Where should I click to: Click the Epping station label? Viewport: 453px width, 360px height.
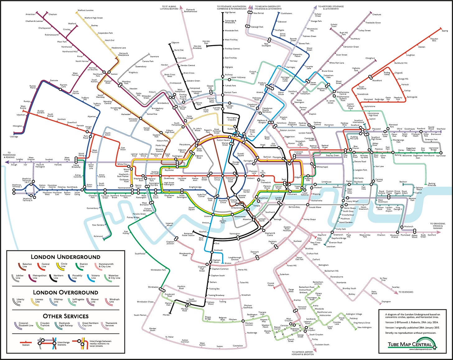pos(445,31)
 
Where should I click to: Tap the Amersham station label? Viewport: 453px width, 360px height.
pos(30,14)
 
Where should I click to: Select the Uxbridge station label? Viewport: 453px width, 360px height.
pos(14,137)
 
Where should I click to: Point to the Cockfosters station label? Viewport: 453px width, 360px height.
pos(286,13)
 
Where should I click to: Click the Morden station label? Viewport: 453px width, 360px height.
pos(166,315)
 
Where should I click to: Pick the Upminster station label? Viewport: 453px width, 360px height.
pos(441,156)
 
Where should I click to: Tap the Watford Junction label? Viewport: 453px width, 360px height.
pos(85,10)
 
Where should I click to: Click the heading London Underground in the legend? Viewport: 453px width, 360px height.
pos(65,257)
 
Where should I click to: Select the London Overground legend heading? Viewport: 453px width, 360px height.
pos(65,292)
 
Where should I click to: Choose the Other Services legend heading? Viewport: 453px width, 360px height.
pos(65,316)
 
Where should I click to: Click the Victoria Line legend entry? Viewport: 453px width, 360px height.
pos(95,277)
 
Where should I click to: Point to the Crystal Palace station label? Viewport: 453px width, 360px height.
pos(271,284)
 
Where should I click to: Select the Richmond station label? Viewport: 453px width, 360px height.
pos(98,236)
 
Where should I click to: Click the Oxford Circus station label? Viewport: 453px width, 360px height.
pos(217,179)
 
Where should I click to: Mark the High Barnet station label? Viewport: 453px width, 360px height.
pos(230,12)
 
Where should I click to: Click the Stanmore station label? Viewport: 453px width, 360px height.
pos(154,57)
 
